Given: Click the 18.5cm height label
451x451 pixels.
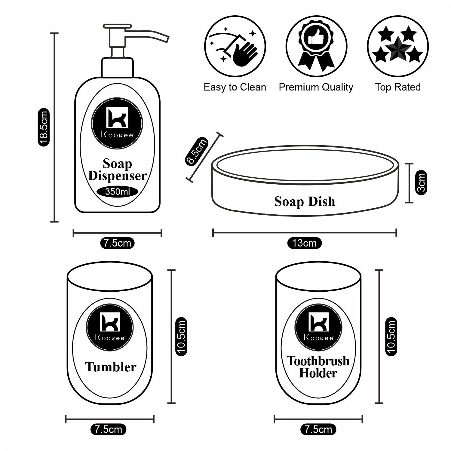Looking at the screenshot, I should coord(43,127).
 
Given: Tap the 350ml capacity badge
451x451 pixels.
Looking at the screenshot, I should coord(118,192).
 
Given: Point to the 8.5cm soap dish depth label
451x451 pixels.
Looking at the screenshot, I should coord(196,151).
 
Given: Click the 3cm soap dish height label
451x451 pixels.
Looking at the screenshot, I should coord(421,183).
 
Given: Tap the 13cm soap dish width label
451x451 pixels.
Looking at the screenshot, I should coord(304,243).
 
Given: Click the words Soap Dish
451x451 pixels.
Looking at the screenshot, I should coord(304,201).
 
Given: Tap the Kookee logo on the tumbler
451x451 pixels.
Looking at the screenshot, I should coord(110,327).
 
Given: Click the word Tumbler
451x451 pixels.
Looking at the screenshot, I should coord(110,367).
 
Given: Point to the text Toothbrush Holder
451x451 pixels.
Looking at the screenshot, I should coord(318,367).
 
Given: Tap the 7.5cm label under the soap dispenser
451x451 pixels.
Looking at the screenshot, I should coord(117,243).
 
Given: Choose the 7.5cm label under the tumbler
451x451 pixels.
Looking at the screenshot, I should coord(108,429).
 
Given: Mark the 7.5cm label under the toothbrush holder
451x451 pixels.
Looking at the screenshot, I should coord(318,429).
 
